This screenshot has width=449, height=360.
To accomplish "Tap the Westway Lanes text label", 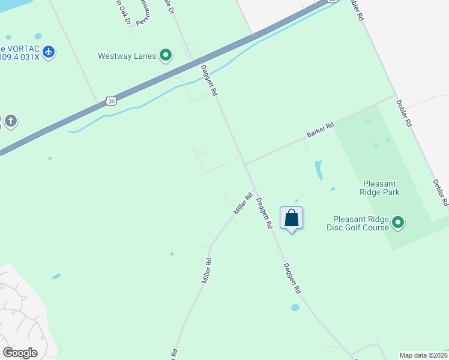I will [127, 56].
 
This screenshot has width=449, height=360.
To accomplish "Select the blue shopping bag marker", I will [291, 218].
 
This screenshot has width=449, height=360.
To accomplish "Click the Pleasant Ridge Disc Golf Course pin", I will [397, 223].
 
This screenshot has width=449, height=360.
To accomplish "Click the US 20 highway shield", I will [112, 101].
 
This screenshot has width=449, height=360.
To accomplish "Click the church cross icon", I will [10, 122].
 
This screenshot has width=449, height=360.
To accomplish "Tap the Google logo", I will [20, 353].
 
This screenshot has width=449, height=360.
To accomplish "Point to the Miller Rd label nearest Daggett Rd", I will [243, 204].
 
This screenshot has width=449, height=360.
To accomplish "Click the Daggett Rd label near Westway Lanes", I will [209, 80].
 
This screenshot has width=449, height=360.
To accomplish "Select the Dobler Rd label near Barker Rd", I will [403, 112].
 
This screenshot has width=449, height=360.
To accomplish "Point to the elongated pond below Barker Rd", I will [318, 170].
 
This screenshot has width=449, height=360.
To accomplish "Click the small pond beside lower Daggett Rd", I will [295, 307].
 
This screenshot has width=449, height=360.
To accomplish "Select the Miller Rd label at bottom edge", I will [175, 353].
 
